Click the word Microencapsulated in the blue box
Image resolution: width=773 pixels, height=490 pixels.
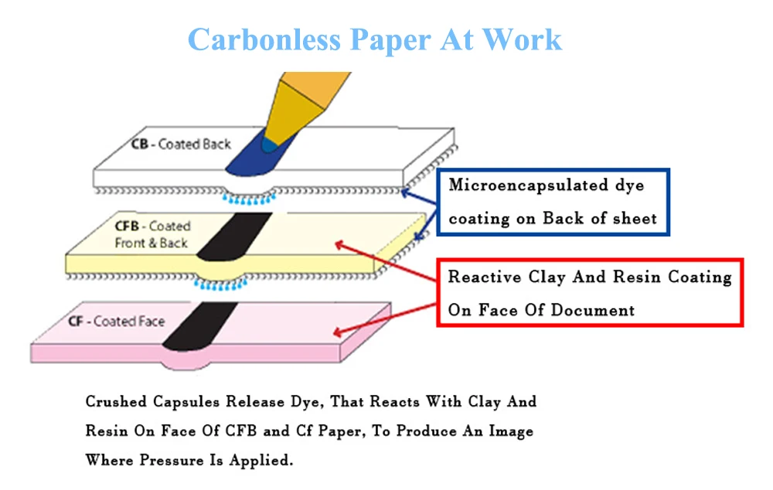pos(517,185)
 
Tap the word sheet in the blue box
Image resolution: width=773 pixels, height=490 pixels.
pos(635,219)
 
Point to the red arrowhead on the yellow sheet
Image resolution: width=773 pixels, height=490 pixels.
pos(338,244)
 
